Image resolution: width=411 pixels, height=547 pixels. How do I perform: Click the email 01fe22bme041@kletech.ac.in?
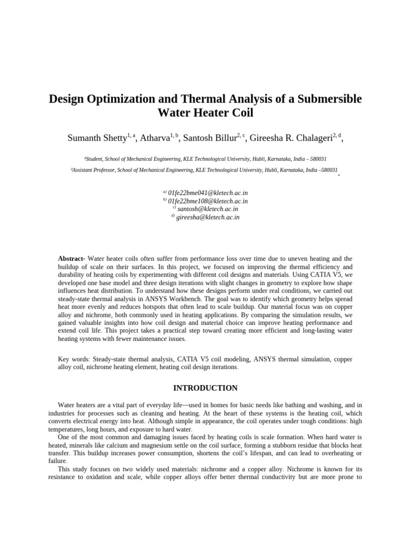208,193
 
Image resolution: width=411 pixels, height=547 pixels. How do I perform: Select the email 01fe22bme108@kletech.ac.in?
208,201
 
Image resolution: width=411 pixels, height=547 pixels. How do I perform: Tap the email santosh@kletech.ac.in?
208,209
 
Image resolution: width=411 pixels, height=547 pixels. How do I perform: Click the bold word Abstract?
71,259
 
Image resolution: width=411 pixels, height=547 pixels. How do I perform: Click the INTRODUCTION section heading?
205,388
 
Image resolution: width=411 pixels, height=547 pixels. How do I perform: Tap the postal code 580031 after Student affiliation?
316,159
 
